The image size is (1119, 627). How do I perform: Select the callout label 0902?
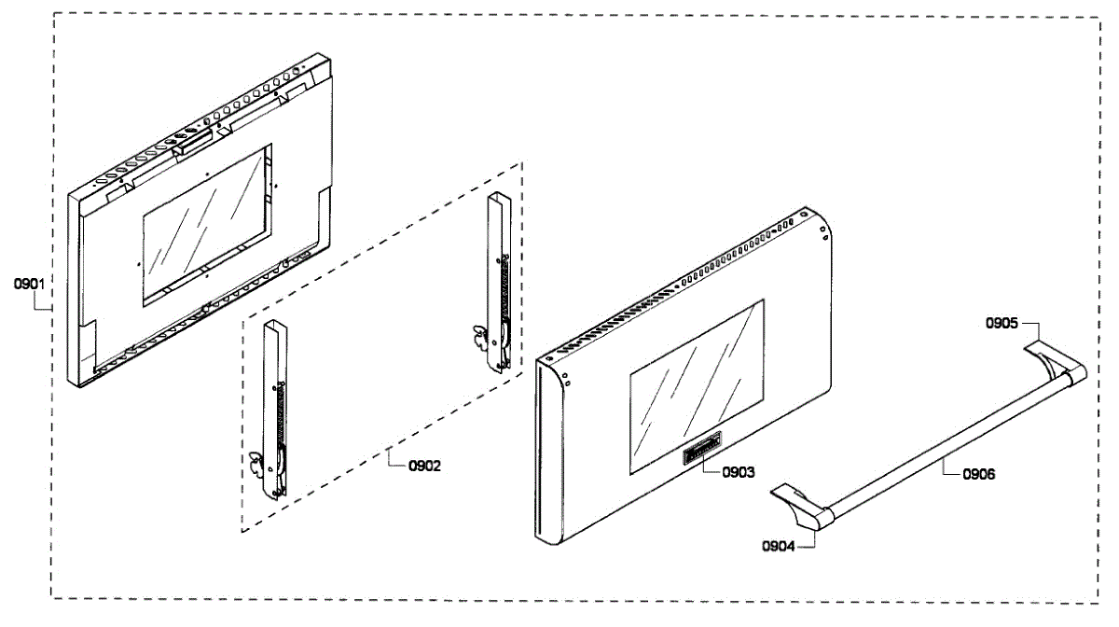(422, 467)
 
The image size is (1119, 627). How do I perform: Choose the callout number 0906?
(977, 474)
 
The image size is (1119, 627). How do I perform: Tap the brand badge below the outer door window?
(698, 453)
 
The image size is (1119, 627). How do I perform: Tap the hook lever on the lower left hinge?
(255, 465)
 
